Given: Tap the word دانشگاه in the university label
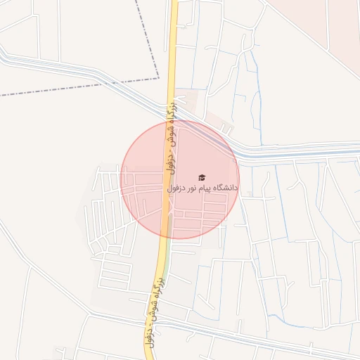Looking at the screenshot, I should pos(224,188).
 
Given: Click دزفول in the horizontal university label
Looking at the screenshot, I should pos(175,188).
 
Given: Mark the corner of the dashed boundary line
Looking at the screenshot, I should pos(157,79).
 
